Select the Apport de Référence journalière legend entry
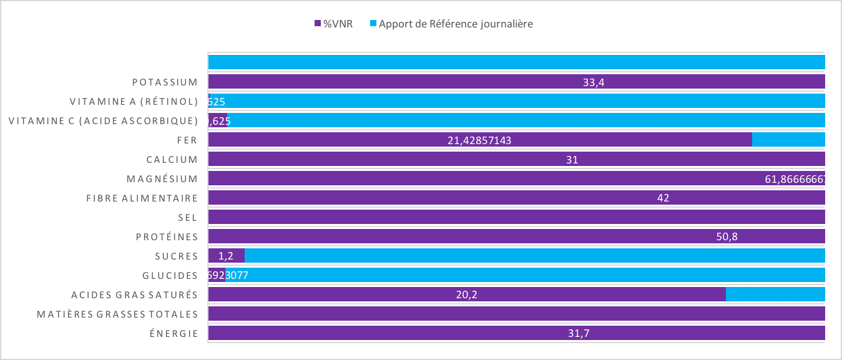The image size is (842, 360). (x=456, y=24)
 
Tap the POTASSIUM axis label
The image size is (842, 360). (x=165, y=82)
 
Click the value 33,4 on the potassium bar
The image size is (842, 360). (x=594, y=82)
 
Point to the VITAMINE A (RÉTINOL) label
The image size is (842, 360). (x=134, y=102)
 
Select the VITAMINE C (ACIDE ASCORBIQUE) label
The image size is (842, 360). (x=103, y=121)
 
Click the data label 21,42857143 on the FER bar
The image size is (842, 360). (x=479, y=140)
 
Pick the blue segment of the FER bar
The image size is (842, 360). (x=788, y=140)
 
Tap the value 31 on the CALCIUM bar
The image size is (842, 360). (x=572, y=160)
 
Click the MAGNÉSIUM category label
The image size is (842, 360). (x=162, y=179)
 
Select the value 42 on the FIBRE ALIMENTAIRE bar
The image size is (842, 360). (x=663, y=198)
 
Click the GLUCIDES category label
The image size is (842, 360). (x=170, y=275)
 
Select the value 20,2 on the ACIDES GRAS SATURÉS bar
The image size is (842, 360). (x=467, y=295)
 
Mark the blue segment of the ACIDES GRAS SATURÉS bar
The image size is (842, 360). (x=775, y=294)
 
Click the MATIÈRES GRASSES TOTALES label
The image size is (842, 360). (x=117, y=314)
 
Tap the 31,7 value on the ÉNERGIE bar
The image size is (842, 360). (x=579, y=334)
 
